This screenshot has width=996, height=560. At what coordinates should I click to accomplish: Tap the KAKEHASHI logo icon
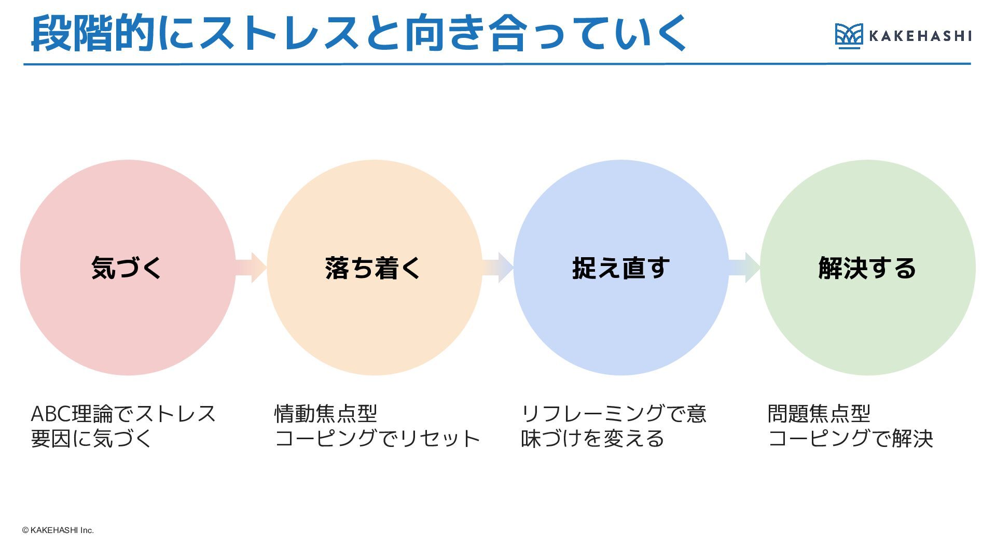click(x=849, y=36)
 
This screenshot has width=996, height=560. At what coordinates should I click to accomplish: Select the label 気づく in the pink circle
click(x=127, y=268)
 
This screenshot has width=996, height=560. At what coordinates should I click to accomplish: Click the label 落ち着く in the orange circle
click(x=374, y=268)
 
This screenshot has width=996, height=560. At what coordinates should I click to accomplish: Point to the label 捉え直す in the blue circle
click(x=621, y=268)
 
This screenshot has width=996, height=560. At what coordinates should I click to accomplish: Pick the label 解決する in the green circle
click(x=867, y=268)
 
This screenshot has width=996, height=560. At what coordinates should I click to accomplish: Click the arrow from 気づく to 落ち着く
click(x=251, y=268)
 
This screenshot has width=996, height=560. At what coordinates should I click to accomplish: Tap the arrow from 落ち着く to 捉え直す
click(x=498, y=268)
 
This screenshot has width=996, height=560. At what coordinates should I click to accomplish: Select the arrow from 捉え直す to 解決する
click(x=745, y=268)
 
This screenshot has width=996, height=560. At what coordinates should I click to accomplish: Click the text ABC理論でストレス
click(x=123, y=414)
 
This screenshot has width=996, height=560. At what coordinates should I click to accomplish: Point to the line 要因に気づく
click(x=91, y=439)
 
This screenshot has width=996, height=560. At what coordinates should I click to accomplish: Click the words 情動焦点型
click(x=326, y=414)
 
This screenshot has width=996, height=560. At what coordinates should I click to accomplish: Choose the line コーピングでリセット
click(x=378, y=439)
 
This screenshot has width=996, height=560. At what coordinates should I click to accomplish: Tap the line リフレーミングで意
click(x=614, y=414)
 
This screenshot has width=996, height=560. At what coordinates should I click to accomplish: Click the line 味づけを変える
click(x=592, y=439)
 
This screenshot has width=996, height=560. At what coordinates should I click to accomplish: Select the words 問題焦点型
click(x=819, y=414)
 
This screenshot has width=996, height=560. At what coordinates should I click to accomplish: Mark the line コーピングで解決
click(x=850, y=439)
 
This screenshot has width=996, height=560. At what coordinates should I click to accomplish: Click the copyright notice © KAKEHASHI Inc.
click(x=58, y=530)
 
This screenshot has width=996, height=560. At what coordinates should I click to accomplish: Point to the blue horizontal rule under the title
click(x=497, y=64)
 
